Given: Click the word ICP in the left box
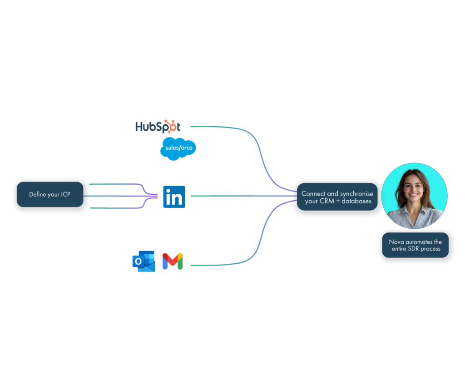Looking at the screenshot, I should (65, 195).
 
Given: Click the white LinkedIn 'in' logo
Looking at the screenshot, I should (174, 198).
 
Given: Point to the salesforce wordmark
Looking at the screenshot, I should (178, 148).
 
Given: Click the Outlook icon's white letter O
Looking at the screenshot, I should (138, 262).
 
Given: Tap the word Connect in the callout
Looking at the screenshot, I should (313, 194).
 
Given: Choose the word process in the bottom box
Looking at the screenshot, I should (432, 249).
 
